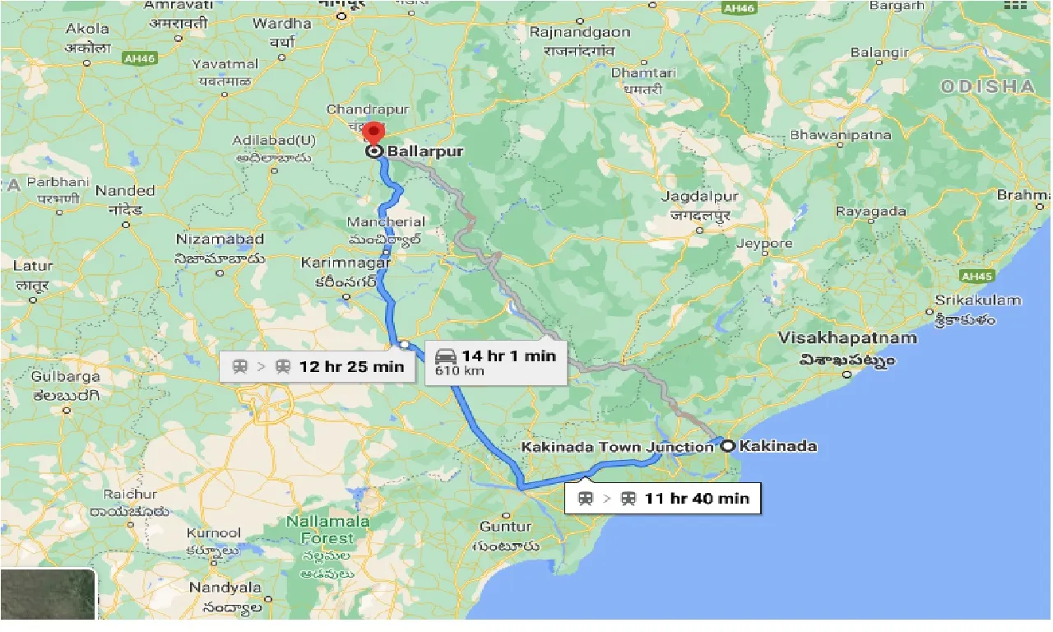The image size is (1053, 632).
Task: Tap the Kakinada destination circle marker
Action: pyautogui.click(x=728, y=446)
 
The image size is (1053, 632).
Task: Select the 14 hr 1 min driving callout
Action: pyautogui.click(x=495, y=362)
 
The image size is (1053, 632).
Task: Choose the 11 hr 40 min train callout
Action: pyautogui.click(x=664, y=498)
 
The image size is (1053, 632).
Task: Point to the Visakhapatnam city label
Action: pyautogui.click(x=847, y=338)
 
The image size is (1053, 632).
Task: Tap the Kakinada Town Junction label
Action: pyautogui.click(x=618, y=447)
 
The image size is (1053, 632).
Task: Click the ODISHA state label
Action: pyautogui.click(x=987, y=86)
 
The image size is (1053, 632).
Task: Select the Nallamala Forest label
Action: pyautogui.click(x=320, y=530)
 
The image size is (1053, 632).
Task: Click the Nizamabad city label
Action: pyautogui.click(x=220, y=239)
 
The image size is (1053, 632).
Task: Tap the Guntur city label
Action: pyautogui.click(x=505, y=527)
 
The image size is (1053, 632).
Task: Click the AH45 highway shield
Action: pyautogui.click(x=976, y=276)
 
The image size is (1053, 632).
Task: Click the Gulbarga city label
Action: pyautogui.click(x=66, y=377)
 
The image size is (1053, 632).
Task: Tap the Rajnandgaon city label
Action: pyautogui.click(x=580, y=32)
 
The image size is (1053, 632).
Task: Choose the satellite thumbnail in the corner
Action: pyautogui.click(x=48, y=594)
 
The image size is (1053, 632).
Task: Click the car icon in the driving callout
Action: pyautogui.click(x=445, y=356)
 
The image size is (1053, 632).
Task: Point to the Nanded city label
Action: pyautogui.click(x=125, y=191)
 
